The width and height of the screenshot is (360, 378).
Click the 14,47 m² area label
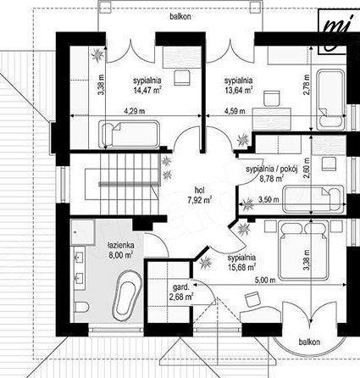[147, 90]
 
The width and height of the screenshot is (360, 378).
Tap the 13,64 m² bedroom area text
[238, 90]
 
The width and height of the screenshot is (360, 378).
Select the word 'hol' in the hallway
[199, 190]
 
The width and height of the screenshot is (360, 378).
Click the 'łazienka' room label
[121, 245]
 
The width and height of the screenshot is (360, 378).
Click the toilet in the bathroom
[81, 307]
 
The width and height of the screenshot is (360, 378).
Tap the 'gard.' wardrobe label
[181, 288]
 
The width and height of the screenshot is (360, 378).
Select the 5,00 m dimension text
[265, 281]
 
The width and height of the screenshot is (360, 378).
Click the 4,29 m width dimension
[135, 111]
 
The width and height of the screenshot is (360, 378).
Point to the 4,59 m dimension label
[235, 111]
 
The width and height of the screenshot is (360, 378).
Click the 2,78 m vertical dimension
[307, 85]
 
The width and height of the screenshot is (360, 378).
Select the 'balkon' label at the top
[180, 17]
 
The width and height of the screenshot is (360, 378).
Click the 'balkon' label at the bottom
[309, 342]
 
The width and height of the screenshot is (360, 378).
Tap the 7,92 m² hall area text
[200, 200]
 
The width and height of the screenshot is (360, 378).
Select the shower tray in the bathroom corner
[83, 232]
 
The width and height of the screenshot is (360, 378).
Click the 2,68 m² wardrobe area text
[181, 297]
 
